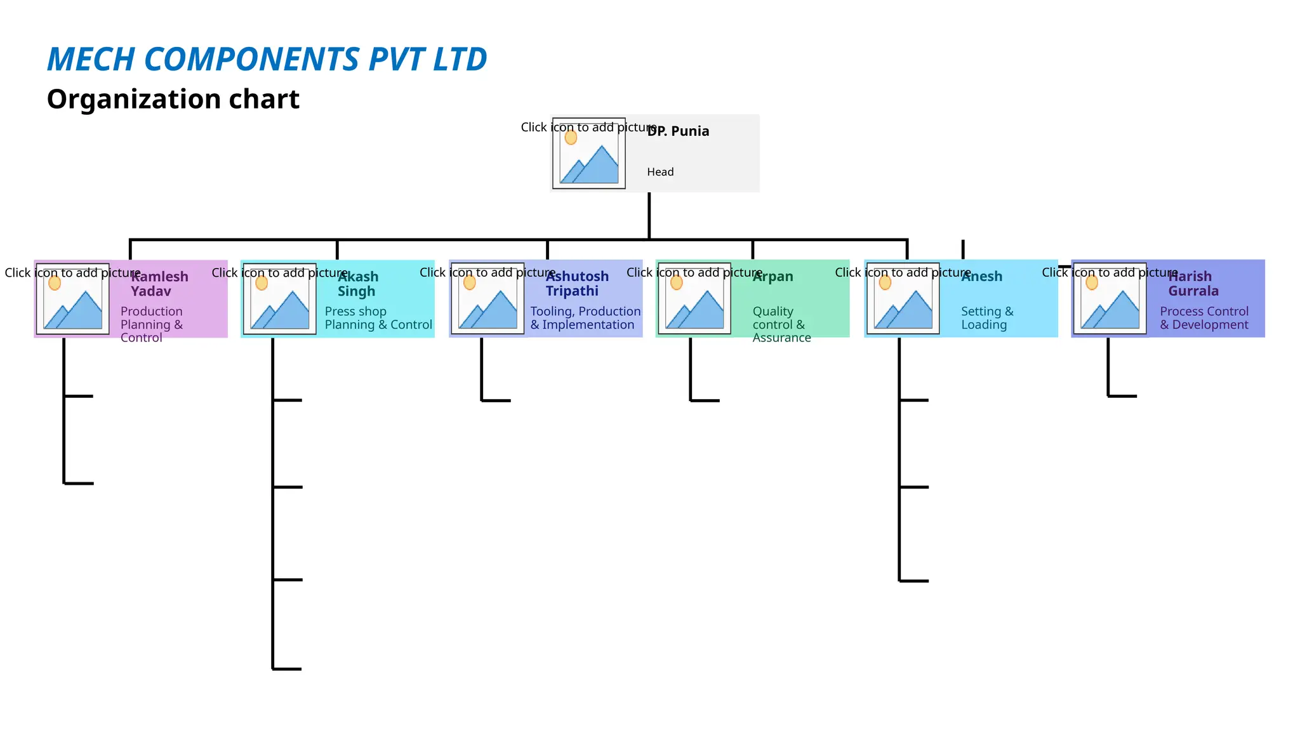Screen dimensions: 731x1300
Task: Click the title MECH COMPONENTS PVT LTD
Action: pyautogui.click(x=267, y=60)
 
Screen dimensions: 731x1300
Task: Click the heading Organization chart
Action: pyautogui.click(x=173, y=100)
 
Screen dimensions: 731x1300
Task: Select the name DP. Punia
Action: pyautogui.click(x=678, y=131)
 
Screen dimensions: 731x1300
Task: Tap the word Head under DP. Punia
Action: pyautogui.click(x=660, y=172)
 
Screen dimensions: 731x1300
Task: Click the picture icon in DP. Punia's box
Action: pyautogui.click(x=589, y=154)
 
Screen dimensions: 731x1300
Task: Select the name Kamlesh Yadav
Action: pyautogui.click(x=159, y=284)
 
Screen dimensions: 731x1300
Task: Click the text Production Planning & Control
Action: pyautogui.click(x=151, y=324)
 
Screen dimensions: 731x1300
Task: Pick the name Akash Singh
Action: pyautogui.click(x=357, y=284)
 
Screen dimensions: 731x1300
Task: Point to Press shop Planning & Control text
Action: pyautogui.click(x=378, y=318)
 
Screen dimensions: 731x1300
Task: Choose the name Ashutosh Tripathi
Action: pyautogui.click(x=576, y=284)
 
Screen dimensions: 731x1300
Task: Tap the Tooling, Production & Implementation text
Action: pyautogui.click(x=585, y=318)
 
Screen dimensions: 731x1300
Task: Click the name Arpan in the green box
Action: pyautogui.click(x=773, y=277)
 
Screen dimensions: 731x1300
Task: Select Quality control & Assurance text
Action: pyautogui.click(x=781, y=324)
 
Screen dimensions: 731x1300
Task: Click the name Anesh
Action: pyautogui.click(x=981, y=277)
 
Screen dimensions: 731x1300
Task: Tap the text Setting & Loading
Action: pyautogui.click(x=986, y=318)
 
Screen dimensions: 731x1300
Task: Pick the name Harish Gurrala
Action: pyautogui.click(x=1192, y=284)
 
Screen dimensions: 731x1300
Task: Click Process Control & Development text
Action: pyautogui.click(x=1204, y=318)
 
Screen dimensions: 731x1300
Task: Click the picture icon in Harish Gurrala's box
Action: pyautogui.click(x=1110, y=299)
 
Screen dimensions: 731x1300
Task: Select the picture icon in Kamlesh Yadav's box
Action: pyautogui.click(x=72, y=299)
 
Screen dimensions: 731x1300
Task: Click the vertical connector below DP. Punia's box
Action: pyautogui.click(x=649, y=216)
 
